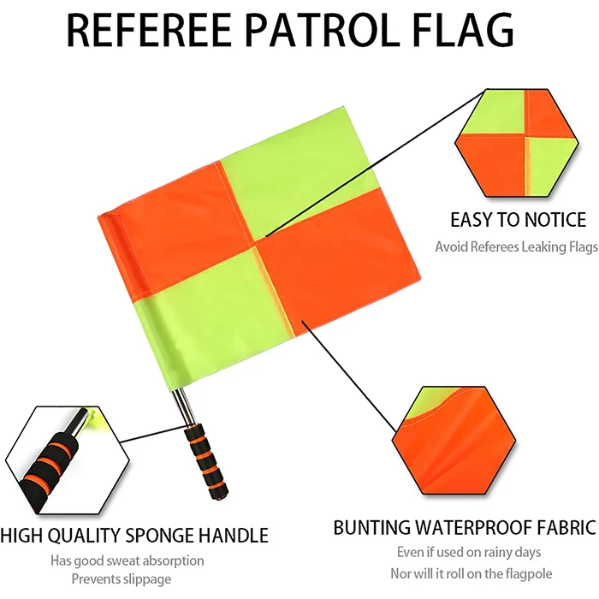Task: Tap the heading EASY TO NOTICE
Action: [x=518, y=220]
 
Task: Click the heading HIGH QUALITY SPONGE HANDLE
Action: [x=134, y=537]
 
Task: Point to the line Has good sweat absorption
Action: [x=128, y=561]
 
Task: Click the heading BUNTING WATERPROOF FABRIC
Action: [x=464, y=527]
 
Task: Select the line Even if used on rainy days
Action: [x=469, y=553]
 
